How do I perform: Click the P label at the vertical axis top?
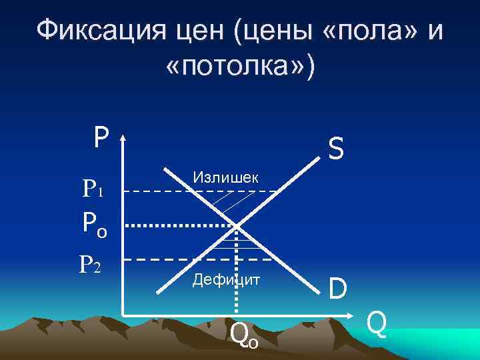pyautogui.click(x=101, y=137)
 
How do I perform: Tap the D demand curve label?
pyautogui.click(x=337, y=289)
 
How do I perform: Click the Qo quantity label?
pyautogui.click(x=243, y=334)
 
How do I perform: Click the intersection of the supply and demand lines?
pyautogui.click(x=238, y=225)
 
